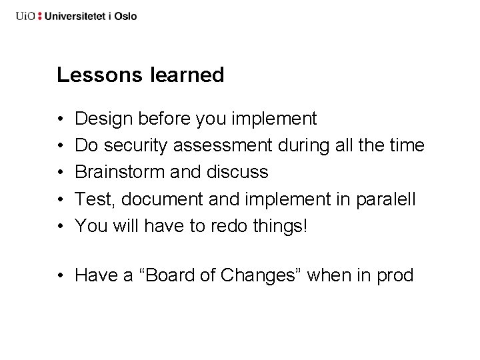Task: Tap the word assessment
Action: (x=226, y=146)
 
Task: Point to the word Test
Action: (x=93, y=199)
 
